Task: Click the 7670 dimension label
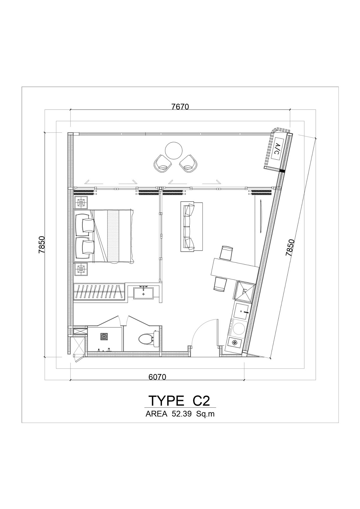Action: tap(180, 106)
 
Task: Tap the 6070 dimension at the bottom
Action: tap(157, 377)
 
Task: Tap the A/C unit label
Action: tap(277, 149)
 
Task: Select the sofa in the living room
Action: tap(191, 226)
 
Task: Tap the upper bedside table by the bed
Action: tap(80, 203)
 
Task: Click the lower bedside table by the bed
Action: tap(80, 269)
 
